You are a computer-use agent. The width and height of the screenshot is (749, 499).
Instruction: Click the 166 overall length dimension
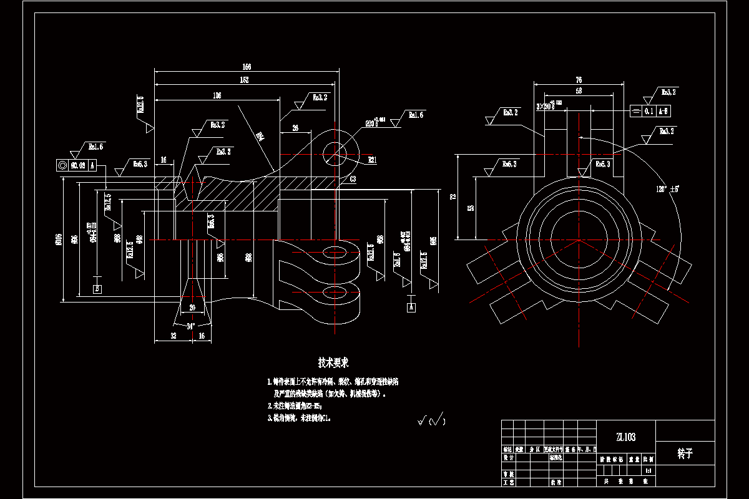(247, 66)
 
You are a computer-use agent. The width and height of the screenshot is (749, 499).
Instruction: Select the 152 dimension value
(245, 80)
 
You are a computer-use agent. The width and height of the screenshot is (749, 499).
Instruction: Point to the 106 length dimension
(217, 95)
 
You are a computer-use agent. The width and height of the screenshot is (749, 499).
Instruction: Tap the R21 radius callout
(372, 160)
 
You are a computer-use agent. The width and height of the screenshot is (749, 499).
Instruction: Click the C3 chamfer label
(353, 179)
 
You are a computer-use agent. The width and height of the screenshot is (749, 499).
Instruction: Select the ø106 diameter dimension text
(58, 240)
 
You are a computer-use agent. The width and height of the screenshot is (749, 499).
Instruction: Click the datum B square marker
(97, 288)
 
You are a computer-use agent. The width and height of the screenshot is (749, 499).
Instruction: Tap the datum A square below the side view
(411, 307)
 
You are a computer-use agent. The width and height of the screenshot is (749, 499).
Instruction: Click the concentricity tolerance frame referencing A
(76, 165)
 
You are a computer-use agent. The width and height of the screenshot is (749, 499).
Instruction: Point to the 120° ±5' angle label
(667, 188)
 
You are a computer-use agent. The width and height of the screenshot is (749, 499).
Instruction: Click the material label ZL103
(625, 437)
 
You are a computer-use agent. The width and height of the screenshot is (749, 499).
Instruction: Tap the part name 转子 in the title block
(685, 453)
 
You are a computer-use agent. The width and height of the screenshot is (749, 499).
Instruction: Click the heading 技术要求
(333, 362)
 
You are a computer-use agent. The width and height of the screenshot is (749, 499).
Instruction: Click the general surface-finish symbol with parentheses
(431, 421)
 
